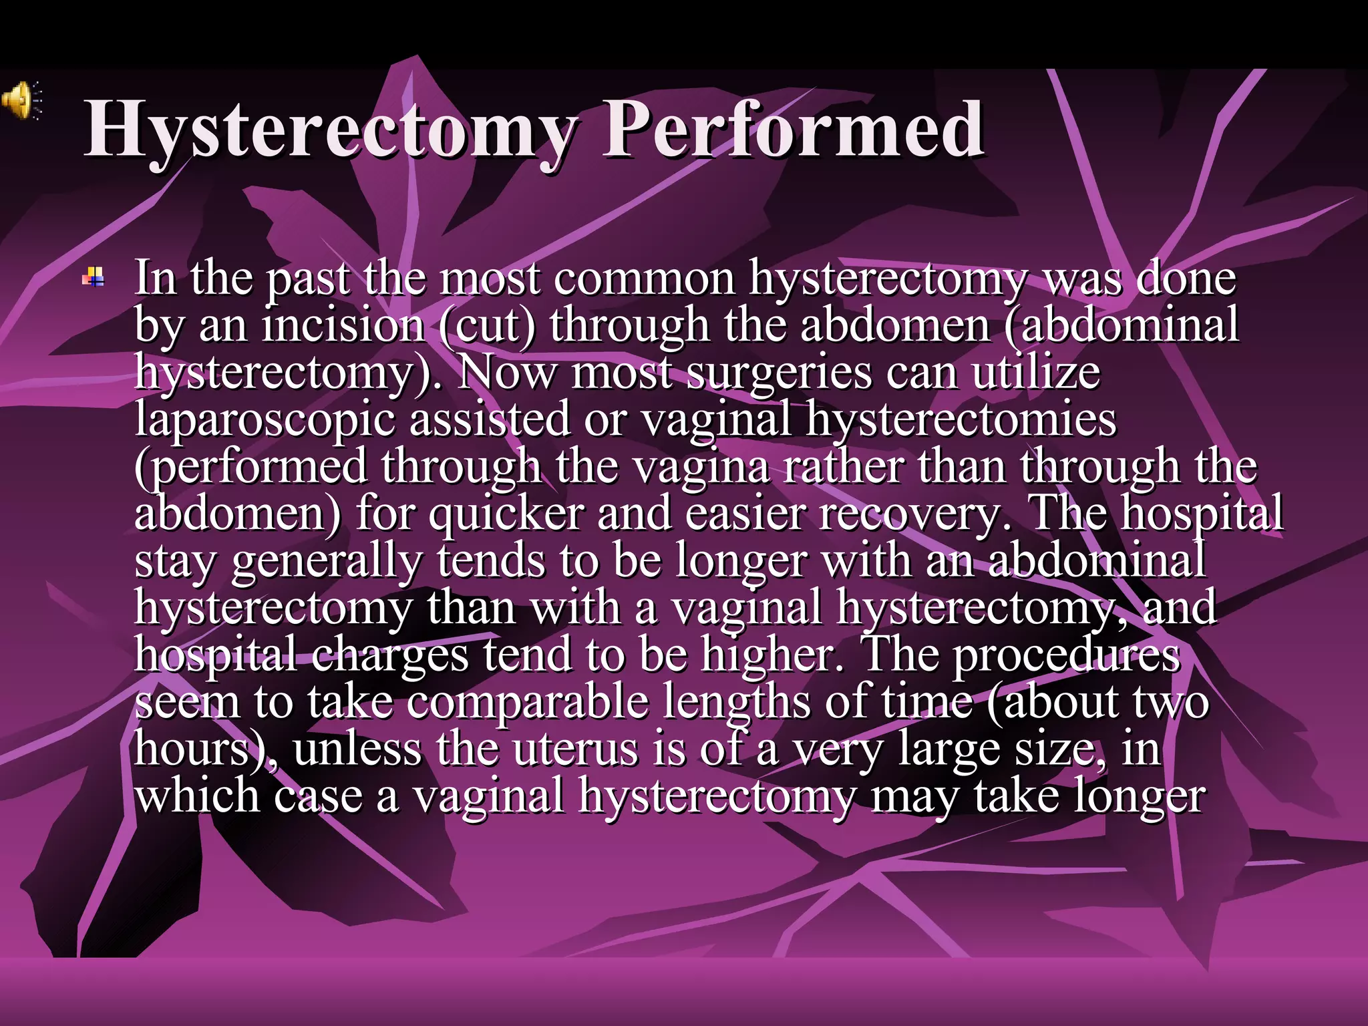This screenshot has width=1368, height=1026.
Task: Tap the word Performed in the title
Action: click(x=793, y=128)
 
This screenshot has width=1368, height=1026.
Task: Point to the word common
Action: click(x=644, y=279)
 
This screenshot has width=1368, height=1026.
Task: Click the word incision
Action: click(x=343, y=325)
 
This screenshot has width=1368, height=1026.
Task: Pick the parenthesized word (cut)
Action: click(x=488, y=325)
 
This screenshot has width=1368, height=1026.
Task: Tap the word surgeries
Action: click(x=780, y=373)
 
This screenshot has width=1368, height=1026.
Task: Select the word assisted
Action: click(x=489, y=419)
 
